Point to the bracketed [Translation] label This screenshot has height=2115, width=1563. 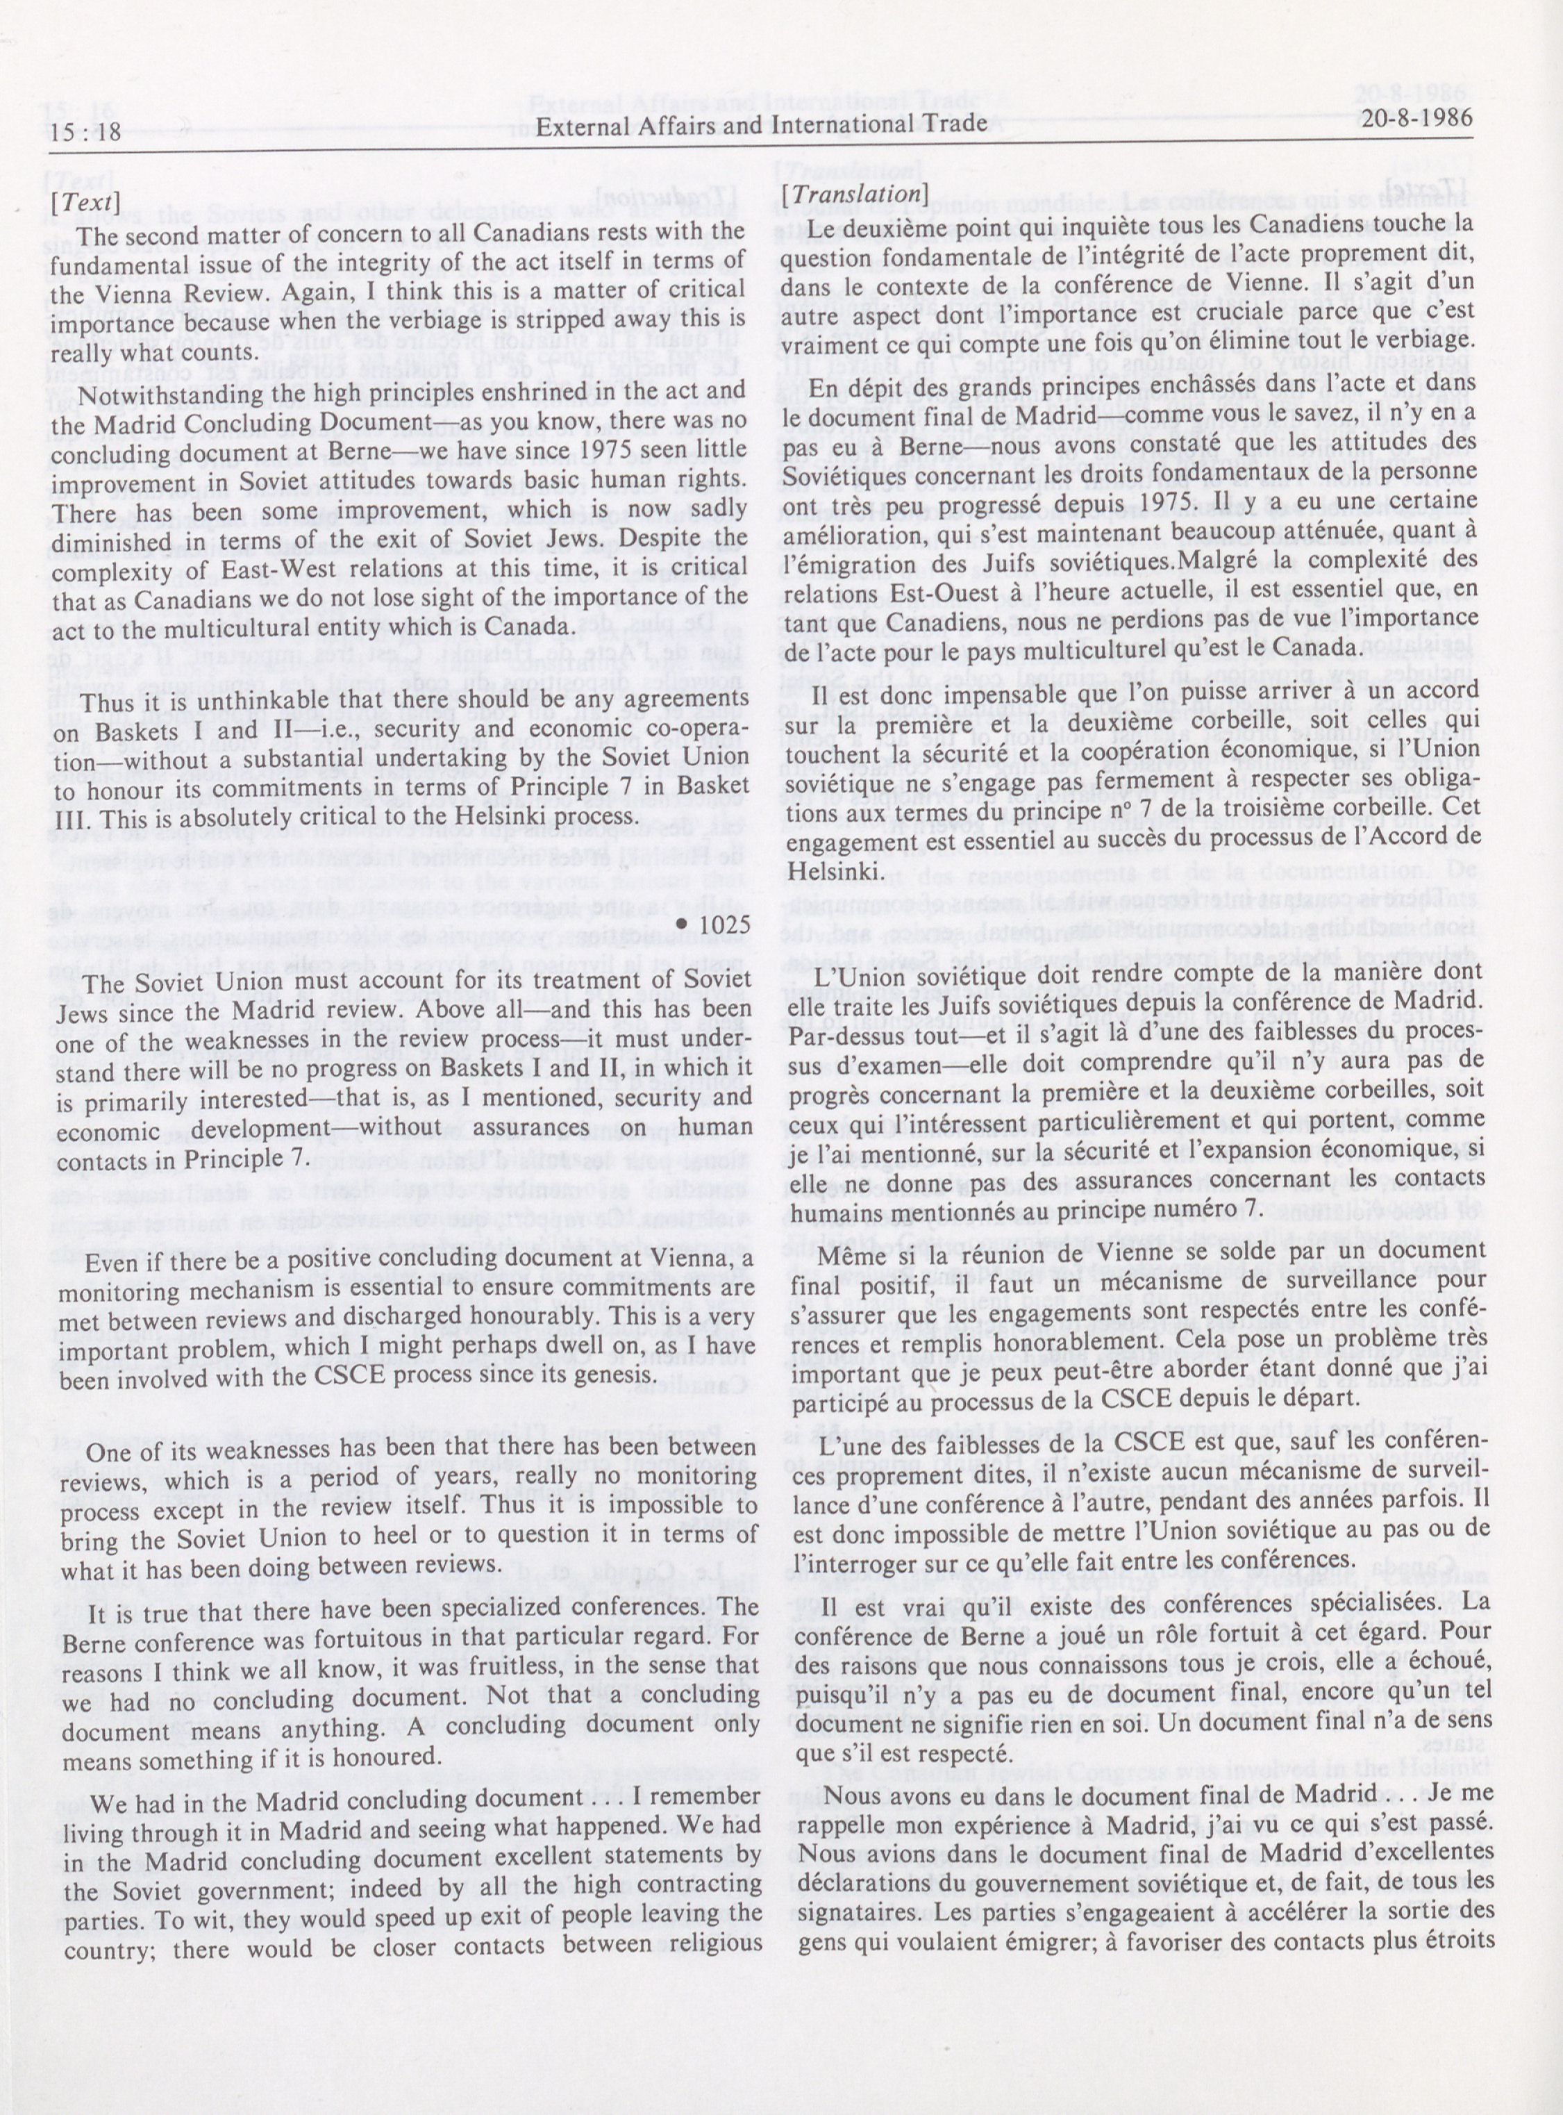tap(851, 193)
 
